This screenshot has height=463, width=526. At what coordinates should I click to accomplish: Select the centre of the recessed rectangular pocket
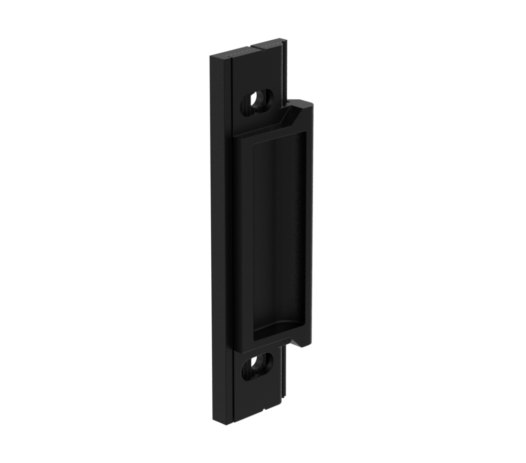279,235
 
